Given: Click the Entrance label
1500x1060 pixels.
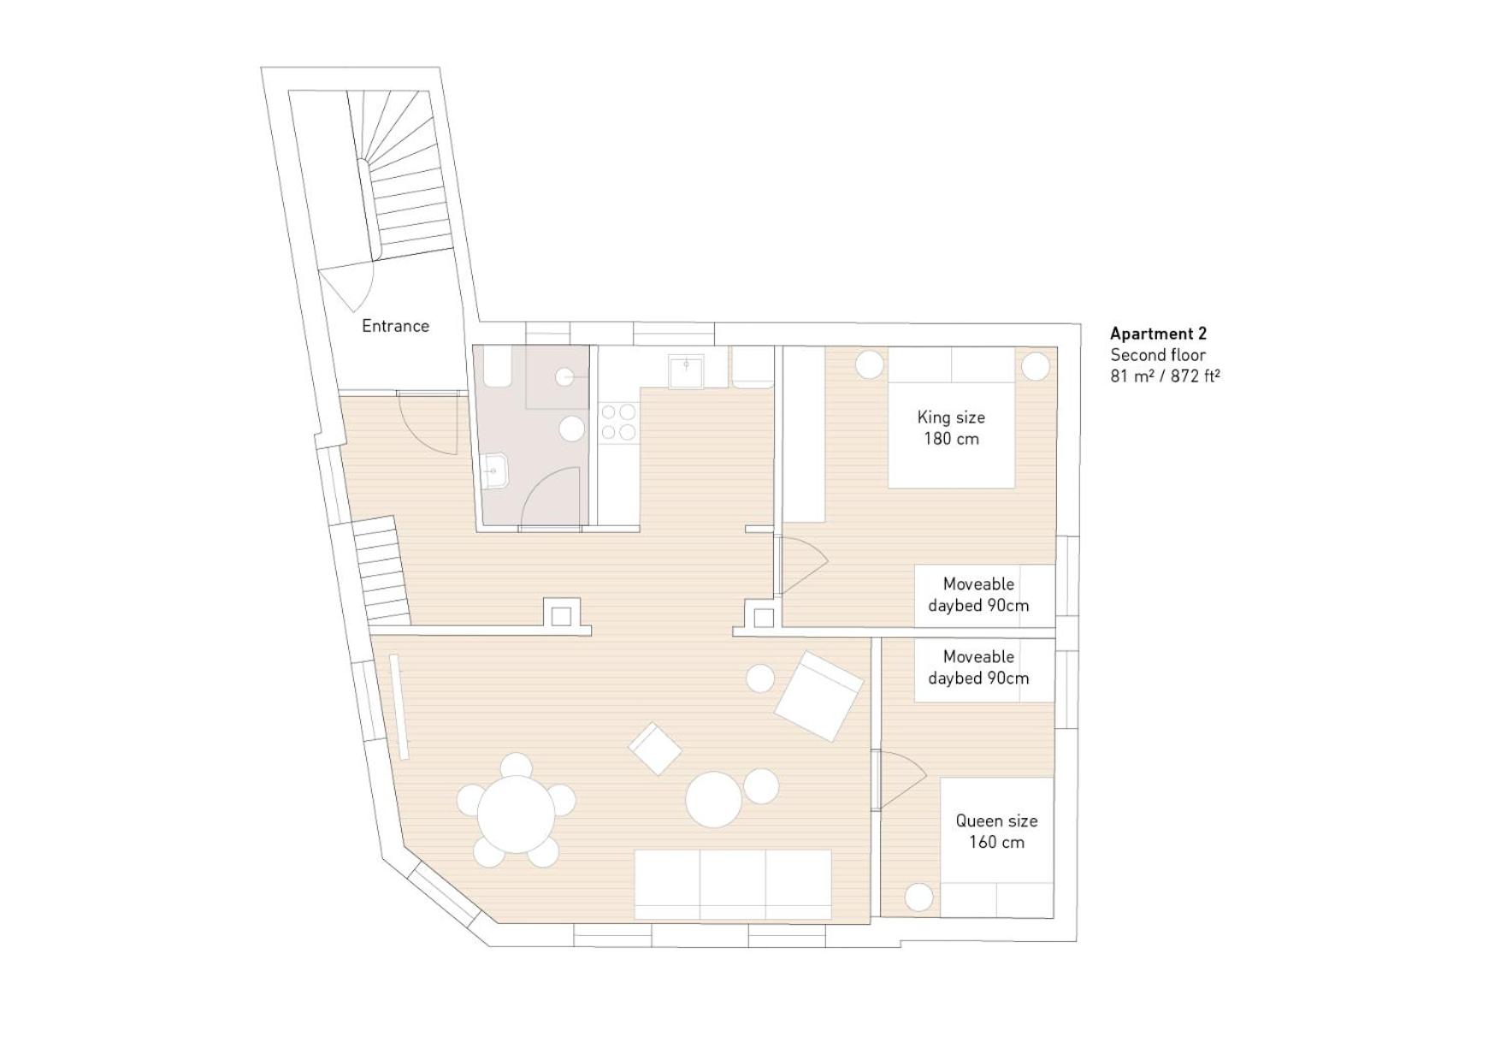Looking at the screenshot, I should click(395, 326).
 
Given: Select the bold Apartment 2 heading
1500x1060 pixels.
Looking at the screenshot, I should click(1158, 334).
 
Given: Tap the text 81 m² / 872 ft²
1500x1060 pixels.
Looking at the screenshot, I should click(1165, 376).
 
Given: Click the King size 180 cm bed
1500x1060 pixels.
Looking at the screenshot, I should click(951, 428).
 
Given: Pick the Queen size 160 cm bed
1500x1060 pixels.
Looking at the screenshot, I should click(996, 843).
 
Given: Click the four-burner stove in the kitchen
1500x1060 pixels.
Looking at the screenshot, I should click(618, 423).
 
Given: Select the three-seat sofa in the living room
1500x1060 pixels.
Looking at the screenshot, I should click(732, 885).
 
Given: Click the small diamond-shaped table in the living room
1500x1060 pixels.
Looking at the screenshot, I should click(655, 749).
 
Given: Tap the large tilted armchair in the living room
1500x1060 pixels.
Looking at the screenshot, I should click(818, 696).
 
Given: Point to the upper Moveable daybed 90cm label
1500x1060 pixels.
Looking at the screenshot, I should click(978, 595).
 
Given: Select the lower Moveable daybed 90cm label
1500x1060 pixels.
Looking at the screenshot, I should click(978, 667).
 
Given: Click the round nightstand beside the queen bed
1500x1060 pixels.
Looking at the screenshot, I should click(919, 897).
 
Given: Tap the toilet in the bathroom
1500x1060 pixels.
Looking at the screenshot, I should click(496, 370).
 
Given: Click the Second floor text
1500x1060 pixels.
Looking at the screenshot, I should click(1158, 355).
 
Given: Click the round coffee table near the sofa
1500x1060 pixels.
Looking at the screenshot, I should click(713, 800).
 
